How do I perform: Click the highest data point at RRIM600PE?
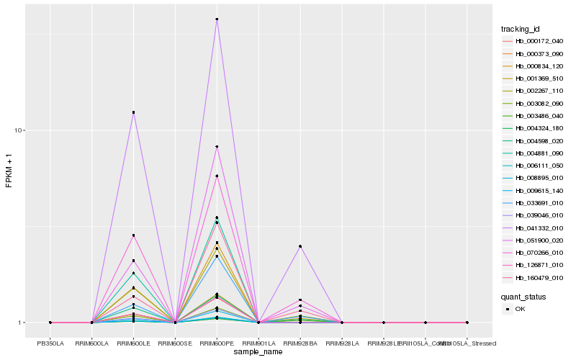(x=217, y=19)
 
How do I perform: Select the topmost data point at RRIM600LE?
(x=133, y=112)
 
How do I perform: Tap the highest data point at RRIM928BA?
(x=300, y=246)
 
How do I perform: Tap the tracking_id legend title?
(x=521, y=29)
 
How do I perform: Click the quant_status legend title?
(x=524, y=297)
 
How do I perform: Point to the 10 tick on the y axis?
(x=21, y=130)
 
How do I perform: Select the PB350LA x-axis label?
(x=50, y=343)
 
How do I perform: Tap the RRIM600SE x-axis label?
(x=175, y=343)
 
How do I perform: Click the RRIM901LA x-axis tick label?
(x=258, y=343)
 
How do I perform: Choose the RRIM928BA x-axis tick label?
(x=300, y=343)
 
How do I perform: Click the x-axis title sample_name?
(x=258, y=352)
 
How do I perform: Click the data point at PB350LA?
(x=50, y=323)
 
